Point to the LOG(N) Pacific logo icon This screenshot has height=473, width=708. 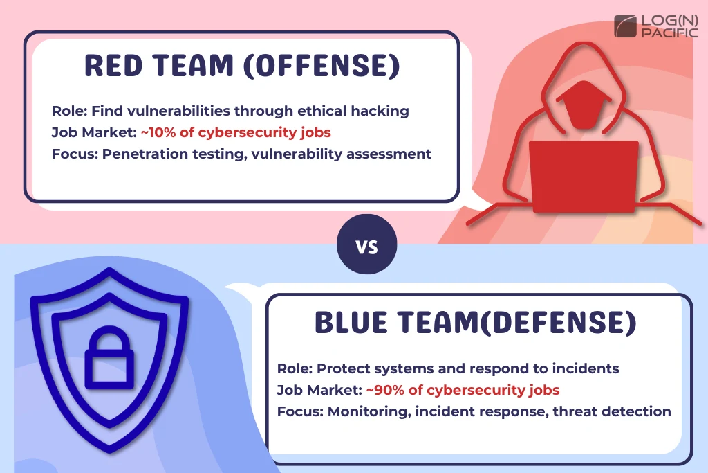point(626,26)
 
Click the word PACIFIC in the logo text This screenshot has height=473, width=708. point(669,33)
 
